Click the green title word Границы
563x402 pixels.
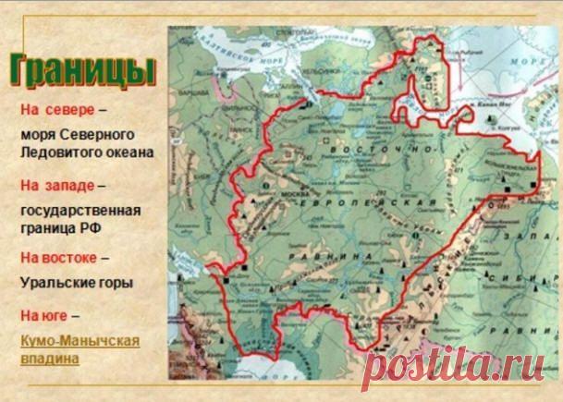click(x=81, y=70)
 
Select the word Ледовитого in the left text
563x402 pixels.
click(x=54, y=152)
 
